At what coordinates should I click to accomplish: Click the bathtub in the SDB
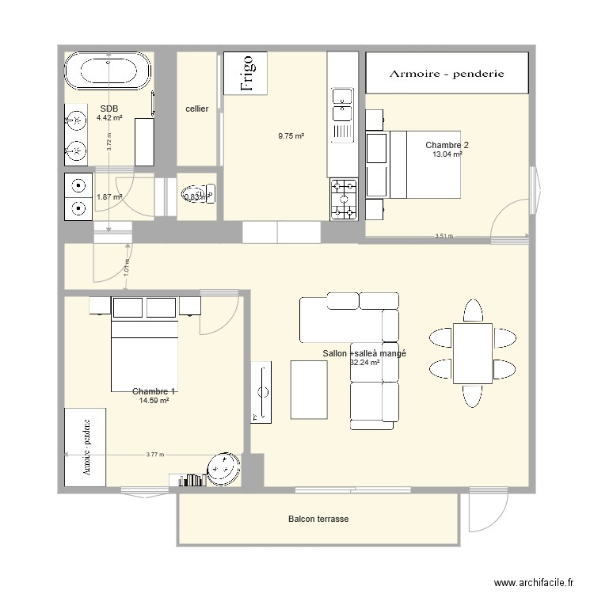[109, 73]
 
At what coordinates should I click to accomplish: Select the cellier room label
[196, 109]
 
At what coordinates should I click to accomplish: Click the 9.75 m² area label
[291, 136]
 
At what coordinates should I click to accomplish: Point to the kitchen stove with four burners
[344, 199]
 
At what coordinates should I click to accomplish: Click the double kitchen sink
[342, 114]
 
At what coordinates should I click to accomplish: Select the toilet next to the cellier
[197, 194]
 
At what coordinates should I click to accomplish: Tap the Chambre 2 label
[447, 145]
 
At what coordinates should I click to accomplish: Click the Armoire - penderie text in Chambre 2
[447, 74]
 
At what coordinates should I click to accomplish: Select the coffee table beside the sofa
[309, 389]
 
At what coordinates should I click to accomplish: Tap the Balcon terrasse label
[318, 520]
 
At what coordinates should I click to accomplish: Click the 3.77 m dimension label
[155, 455]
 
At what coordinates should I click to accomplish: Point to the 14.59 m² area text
[154, 401]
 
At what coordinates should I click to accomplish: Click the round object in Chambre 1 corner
[223, 470]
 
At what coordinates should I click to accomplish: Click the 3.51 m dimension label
[444, 235]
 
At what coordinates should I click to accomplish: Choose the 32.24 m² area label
[364, 363]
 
